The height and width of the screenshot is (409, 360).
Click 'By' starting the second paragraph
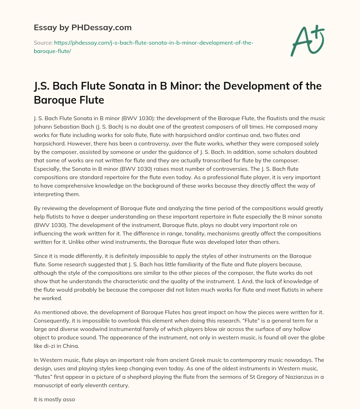(37, 208)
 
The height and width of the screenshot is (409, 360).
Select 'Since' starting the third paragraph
(41, 256)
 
